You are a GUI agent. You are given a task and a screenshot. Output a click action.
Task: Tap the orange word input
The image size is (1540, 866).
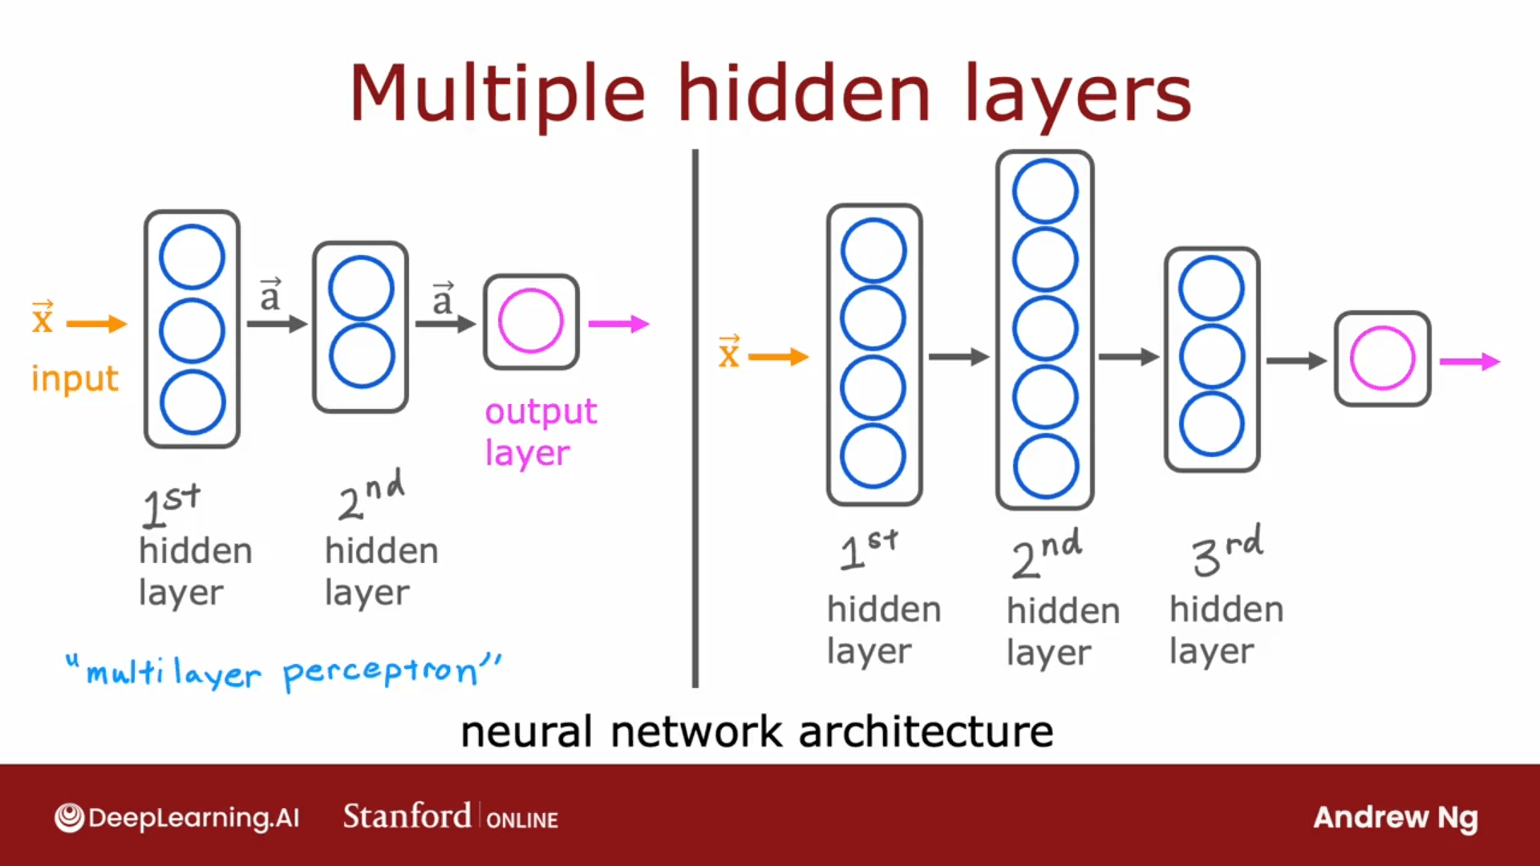(x=75, y=378)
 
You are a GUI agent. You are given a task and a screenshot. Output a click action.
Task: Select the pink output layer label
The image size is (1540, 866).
(x=541, y=431)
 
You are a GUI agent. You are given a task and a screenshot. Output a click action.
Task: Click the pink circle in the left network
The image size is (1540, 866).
(x=530, y=321)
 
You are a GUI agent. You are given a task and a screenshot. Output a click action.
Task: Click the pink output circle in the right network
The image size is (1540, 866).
(x=1382, y=358)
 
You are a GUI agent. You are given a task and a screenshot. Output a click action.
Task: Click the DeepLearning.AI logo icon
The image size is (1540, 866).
(x=70, y=818)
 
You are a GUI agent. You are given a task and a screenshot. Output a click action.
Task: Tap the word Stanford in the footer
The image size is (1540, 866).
(x=407, y=816)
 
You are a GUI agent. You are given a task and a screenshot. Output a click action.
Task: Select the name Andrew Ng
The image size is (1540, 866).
(x=1395, y=817)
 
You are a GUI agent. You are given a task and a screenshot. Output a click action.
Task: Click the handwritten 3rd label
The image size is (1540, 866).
(x=1226, y=550)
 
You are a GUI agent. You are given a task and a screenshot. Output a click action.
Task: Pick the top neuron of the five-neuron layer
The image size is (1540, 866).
(x=1044, y=191)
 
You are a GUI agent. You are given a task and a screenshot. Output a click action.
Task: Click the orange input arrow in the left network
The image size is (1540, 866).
(x=96, y=324)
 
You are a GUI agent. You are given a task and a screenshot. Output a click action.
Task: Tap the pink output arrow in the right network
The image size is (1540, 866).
(x=1469, y=362)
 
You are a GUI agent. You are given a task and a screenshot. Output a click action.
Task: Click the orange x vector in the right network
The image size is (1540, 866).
(x=728, y=353)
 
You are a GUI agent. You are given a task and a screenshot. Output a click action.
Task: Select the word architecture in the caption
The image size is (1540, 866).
(x=926, y=731)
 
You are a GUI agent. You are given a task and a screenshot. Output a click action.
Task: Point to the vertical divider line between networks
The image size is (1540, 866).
(x=695, y=417)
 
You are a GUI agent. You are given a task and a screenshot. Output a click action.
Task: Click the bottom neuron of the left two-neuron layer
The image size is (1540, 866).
(x=361, y=356)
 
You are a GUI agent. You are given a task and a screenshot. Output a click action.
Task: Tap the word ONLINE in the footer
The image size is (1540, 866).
(x=522, y=820)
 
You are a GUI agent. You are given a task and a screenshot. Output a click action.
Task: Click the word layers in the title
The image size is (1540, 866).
(x=1077, y=95)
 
